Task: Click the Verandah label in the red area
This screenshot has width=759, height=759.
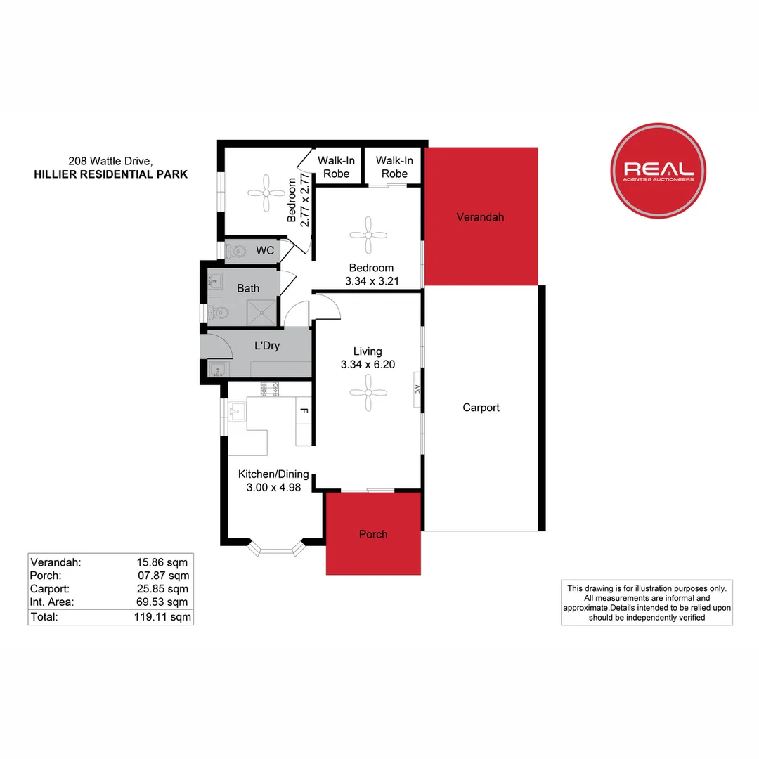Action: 480,217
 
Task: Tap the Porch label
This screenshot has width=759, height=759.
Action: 373,534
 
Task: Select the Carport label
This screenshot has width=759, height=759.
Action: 481,408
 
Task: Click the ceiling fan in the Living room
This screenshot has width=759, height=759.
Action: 368,392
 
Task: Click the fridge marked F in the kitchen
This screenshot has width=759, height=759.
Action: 304,410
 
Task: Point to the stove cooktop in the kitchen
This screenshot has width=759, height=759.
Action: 270,388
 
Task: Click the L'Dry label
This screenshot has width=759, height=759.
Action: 267,346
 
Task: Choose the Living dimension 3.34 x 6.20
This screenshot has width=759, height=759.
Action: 368,365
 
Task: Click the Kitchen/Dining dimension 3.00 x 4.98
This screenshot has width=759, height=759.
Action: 273,487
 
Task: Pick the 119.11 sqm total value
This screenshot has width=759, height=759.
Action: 162,617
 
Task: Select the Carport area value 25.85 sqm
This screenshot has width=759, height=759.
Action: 162,589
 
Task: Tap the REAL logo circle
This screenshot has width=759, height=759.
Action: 659,171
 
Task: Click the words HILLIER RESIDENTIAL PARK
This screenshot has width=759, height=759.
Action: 110,174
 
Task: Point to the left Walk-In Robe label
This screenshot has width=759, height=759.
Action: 336,167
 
